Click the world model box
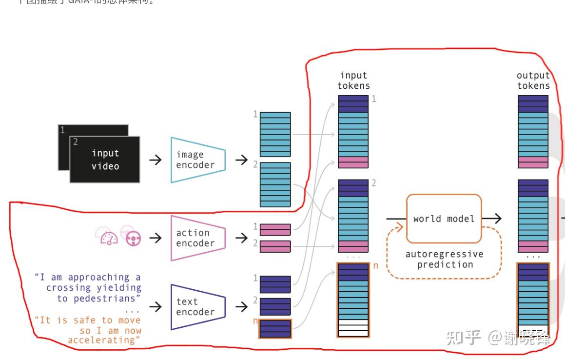(444, 219)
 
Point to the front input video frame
(105, 160)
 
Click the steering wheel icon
(133, 238)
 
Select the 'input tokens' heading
(353, 80)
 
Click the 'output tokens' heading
(533, 80)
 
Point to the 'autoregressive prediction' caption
(444, 260)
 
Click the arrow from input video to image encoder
(156, 160)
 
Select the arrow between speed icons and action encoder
(156, 238)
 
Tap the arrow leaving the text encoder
(241, 307)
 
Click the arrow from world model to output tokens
(492, 219)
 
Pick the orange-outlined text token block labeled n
(275, 328)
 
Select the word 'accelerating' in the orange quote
(104, 340)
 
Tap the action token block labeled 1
(275, 229)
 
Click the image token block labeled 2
(275, 184)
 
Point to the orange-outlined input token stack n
(353, 300)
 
